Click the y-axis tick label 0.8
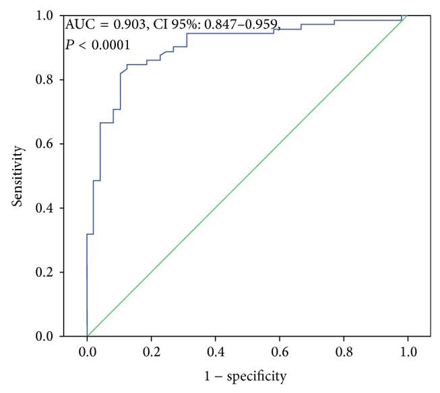pos(44,80)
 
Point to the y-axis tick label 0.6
pos(44,144)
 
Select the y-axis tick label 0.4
pos(44,208)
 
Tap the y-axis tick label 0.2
pos(44,272)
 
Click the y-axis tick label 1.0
pos(44,15)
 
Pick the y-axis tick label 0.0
pos(44,336)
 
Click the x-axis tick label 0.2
pos(151,351)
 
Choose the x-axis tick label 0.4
pos(215,351)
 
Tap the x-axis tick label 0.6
pos(279,351)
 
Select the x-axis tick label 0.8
pos(343,351)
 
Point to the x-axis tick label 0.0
pos(87,351)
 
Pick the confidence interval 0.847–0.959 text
pos(243,26)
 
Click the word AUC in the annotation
pos(77,26)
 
